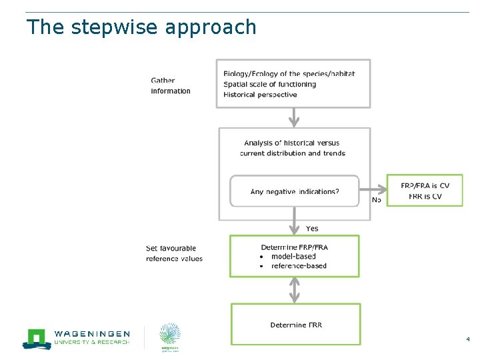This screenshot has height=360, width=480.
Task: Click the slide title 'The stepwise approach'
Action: point(141,27)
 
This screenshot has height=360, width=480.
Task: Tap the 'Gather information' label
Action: point(171,86)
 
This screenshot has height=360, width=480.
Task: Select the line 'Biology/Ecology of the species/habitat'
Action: point(289,74)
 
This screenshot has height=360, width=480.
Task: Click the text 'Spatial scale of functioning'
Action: point(269,84)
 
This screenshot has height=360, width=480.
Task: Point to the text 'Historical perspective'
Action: point(260,95)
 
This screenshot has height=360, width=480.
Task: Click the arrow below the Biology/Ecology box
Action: point(294,117)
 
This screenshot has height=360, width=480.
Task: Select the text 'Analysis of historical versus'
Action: point(292,143)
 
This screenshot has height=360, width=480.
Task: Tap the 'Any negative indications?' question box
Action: point(294,191)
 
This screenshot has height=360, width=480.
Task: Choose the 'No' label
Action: point(377,199)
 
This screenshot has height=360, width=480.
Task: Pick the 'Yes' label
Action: point(312,229)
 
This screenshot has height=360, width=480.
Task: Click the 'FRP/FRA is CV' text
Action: point(425,185)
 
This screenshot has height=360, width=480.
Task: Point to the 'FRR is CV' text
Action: point(425,196)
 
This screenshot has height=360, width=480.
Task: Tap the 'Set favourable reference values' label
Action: point(174,253)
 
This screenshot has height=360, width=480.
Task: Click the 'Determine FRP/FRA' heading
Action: point(294,247)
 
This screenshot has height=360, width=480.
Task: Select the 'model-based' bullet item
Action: point(293,256)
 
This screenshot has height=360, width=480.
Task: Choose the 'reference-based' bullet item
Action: point(299,265)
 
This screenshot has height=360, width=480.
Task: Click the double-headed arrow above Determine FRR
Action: point(295,290)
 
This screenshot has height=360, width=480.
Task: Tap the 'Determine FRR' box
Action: point(295,325)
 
